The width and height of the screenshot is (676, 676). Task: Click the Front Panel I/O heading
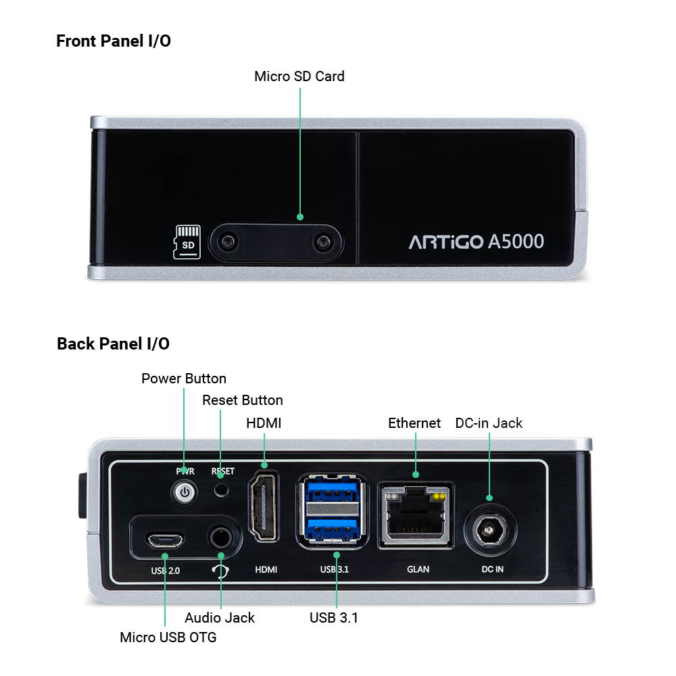[x=114, y=41]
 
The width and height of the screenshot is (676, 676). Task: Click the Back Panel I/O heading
[x=113, y=343]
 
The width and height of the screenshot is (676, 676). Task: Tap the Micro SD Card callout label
[x=299, y=76]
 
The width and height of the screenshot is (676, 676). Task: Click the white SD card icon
[x=187, y=242]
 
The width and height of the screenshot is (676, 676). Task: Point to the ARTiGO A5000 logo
[x=476, y=241]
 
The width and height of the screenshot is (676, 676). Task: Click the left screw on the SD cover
[x=228, y=241]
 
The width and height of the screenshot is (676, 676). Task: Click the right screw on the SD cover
[x=322, y=242]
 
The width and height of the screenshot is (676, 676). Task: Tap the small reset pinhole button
[x=222, y=489]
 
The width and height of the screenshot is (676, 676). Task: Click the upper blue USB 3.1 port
[x=332, y=489]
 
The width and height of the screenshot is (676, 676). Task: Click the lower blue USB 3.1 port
[x=332, y=529]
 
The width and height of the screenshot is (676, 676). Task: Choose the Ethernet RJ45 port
[x=416, y=515]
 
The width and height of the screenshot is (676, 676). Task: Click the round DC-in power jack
[x=489, y=529]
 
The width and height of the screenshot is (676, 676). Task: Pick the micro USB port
[x=165, y=539]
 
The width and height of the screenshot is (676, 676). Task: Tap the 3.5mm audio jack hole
[x=221, y=538]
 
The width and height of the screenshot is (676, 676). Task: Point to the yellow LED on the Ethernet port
[x=439, y=497]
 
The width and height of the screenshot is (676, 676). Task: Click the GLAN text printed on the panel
[x=418, y=569]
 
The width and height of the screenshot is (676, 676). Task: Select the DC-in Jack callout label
[x=489, y=423]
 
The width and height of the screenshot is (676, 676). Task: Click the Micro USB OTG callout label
[x=168, y=637]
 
